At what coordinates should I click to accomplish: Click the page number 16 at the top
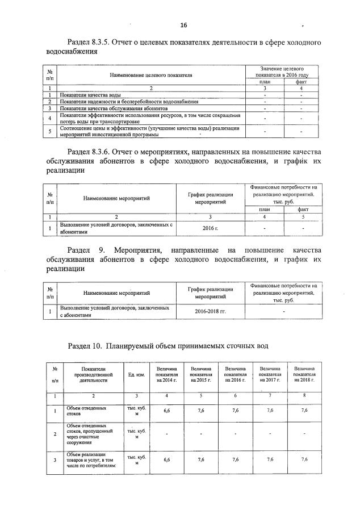(183, 25)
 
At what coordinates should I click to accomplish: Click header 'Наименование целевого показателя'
(150, 74)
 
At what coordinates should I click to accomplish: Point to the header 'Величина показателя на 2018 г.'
(305, 375)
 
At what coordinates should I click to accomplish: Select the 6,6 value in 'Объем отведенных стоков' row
(167, 409)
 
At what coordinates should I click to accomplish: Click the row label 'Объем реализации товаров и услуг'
(86, 459)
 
